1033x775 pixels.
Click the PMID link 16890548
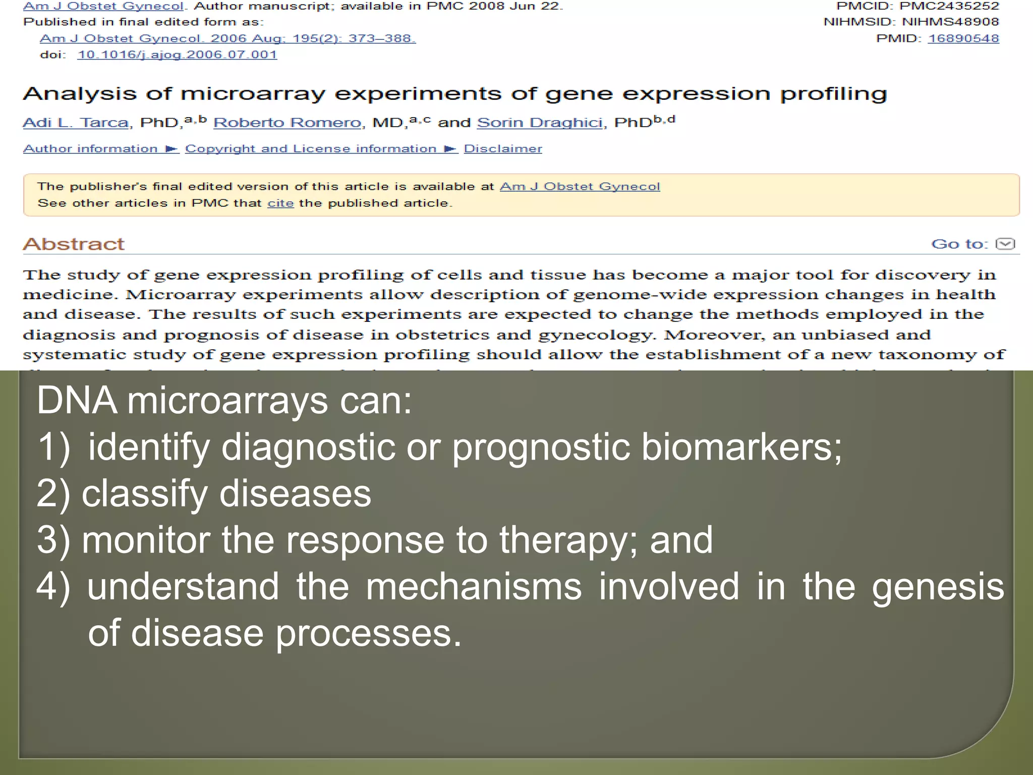pos(963,38)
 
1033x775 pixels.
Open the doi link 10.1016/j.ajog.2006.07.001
pos(177,54)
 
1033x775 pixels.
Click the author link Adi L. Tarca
pos(76,123)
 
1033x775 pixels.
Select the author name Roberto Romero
pos(288,123)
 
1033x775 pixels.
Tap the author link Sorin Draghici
pos(540,123)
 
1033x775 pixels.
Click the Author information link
pos(91,149)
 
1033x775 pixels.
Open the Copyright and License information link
pos(311,149)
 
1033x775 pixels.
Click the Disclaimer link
pos(503,149)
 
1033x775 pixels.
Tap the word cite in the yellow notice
pos(280,203)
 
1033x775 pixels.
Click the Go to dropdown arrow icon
pos(1005,244)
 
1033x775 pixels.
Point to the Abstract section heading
pos(74,244)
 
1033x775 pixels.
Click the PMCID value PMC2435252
pos(949,6)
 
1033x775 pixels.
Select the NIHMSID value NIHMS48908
pos(950,22)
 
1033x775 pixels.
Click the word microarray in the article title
pos(253,94)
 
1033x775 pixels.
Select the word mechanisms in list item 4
pos(474,586)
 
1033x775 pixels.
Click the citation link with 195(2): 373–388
pos(227,38)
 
